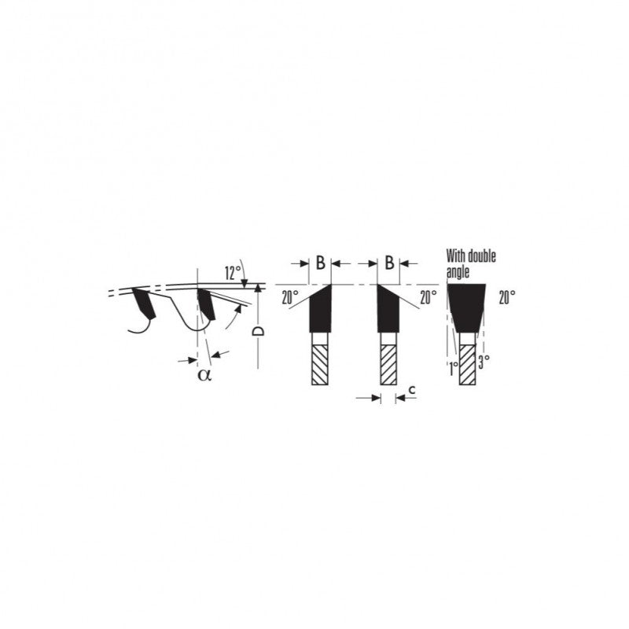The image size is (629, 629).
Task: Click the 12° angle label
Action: [x=233, y=273]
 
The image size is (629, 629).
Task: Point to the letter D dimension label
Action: [x=258, y=331]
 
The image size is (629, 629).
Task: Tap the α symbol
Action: [x=204, y=375]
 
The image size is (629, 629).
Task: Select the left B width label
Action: [x=320, y=263]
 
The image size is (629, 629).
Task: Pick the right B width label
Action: [x=389, y=263]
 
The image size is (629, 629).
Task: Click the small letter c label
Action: [x=411, y=389]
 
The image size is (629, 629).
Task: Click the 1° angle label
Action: [x=454, y=368]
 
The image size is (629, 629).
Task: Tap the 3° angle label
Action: [x=484, y=362]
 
